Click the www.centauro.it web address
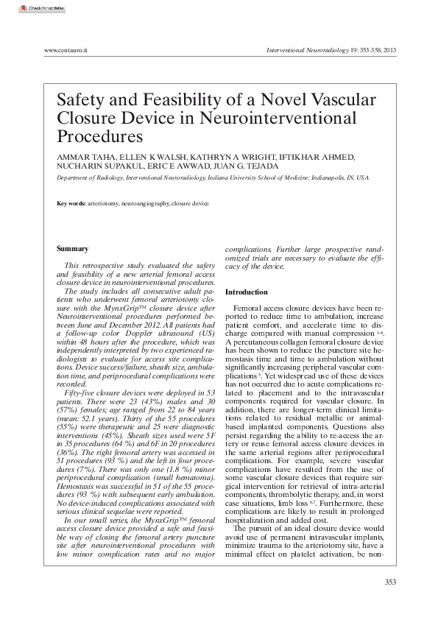coord(66,50)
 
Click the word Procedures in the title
coord(99,136)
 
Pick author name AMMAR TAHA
coord(81,157)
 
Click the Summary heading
coord(72,249)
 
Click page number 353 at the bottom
coord(390,582)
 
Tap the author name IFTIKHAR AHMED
coord(317,157)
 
